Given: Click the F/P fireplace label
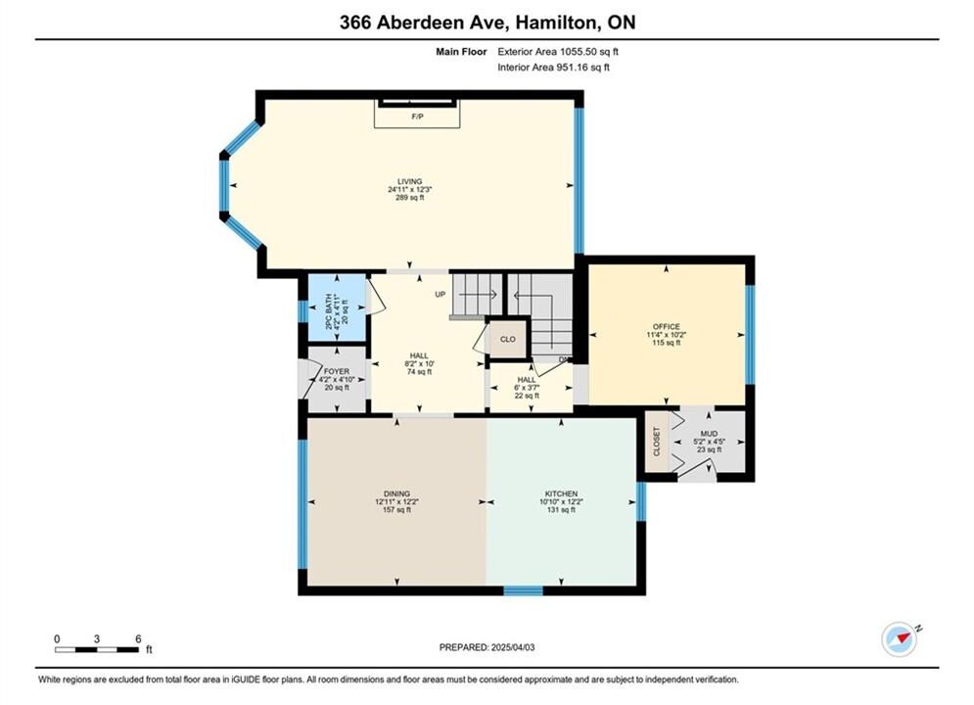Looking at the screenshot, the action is [417, 117].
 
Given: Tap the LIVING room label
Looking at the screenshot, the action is [410, 181].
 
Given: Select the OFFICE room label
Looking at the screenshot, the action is [667, 327].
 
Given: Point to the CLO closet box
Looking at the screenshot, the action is [508, 339].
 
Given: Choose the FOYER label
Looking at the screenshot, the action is [337, 371].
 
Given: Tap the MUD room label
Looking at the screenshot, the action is [709, 434].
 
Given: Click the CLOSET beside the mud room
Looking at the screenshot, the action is [657, 441].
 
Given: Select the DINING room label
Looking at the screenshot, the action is [396, 493].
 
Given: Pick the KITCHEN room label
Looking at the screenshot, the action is [562, 493].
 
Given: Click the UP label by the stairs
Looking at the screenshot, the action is [441, 295].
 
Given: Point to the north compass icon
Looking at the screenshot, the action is [900, 638].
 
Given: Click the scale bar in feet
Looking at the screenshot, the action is [97, 650].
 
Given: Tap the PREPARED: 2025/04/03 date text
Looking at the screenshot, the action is [487, 647].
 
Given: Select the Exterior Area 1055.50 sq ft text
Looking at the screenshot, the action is [558, 52].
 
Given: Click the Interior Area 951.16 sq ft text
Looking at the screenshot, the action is [553, 68].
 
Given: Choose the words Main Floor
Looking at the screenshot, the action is [461, 52].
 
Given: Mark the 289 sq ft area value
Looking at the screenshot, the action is [410, 198].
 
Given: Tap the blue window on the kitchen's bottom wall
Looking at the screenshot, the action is [523, 590].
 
